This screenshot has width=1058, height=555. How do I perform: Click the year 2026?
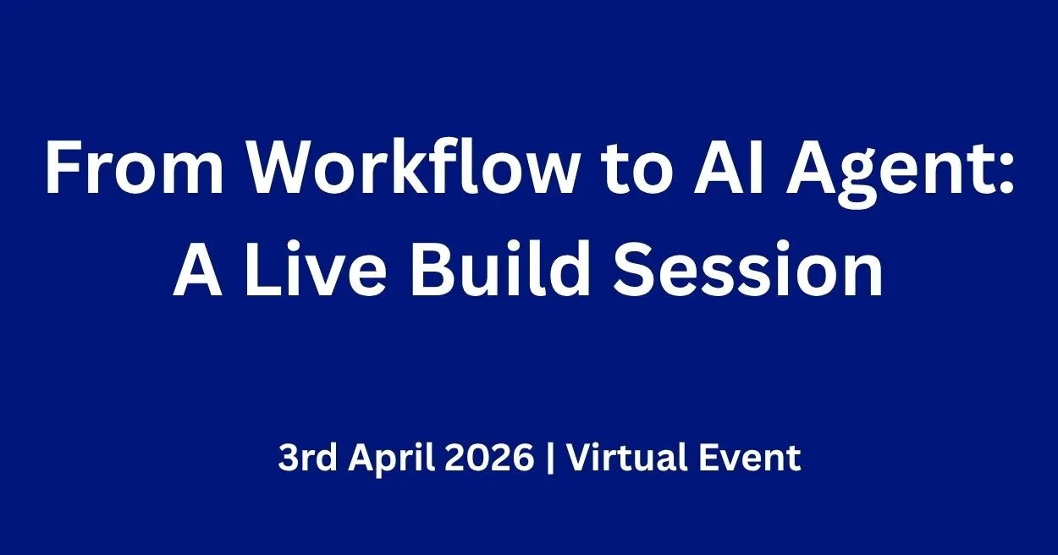492,459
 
